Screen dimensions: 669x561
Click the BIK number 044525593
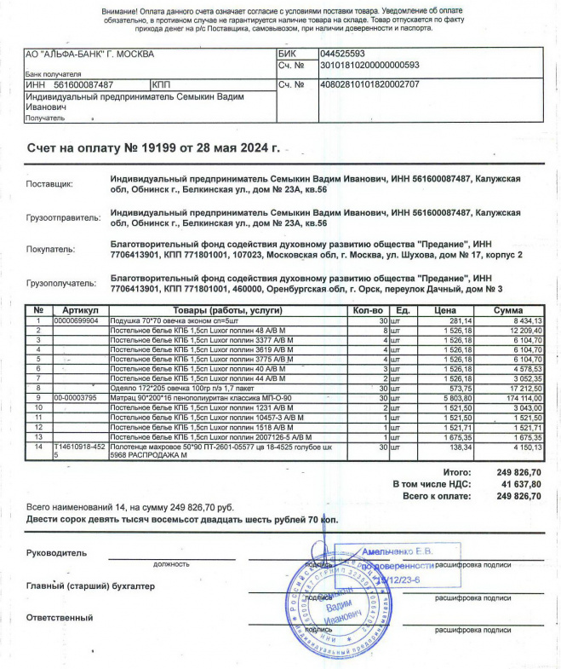point(341,53)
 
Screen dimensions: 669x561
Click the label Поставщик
point(50,184)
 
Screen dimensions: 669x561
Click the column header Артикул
point(81,310)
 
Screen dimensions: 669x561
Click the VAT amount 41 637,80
point(518,483)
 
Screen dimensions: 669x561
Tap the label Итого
point(458,471)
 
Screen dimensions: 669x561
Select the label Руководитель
point(56,553)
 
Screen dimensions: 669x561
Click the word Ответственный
point(59,618)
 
